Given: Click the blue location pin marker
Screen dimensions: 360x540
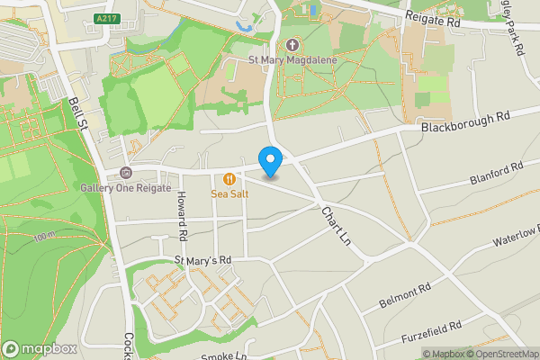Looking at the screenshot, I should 270,161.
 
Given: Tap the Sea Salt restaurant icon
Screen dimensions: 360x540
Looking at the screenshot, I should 230,177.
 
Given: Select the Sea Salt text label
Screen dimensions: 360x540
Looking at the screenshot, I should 230,192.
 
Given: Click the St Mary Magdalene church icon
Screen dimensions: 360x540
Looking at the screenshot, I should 292,44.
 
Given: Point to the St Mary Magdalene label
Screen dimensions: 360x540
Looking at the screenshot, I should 291,61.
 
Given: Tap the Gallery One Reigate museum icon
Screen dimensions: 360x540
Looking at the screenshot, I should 125,173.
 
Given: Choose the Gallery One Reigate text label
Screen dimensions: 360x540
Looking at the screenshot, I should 125,186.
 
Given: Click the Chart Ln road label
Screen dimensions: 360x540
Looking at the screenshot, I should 335,225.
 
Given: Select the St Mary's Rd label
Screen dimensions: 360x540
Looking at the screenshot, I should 202,260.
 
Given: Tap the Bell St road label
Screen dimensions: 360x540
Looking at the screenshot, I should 78,113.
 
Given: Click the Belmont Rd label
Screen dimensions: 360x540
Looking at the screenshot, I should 406,293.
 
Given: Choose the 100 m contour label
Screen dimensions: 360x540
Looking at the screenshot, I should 44,237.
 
